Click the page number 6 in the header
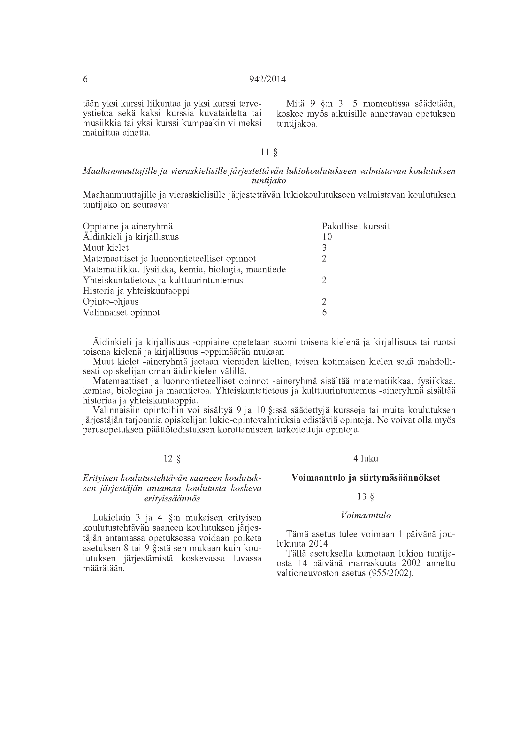tap(85, 79)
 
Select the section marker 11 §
tap(269, 152)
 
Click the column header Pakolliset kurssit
tap(356, 226)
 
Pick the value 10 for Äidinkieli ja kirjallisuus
tap(327, 237)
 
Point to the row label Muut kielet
tap(106, 248)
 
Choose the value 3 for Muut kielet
tap(324, 248)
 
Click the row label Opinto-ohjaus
tap(111, 302)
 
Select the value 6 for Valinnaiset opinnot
tap(324, 313)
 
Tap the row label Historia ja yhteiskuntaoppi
tap(136, 291)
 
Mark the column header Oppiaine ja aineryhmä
tap(127, 226)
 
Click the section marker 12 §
tap(172, 459)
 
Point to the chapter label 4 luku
tap(366, 459)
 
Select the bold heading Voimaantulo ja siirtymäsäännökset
tap(366, 478)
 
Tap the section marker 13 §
tap(366, 497)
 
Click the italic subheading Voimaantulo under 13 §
tap(366, 516)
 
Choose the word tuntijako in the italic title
tap(269, 181)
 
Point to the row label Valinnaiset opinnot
tap(121, 313)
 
